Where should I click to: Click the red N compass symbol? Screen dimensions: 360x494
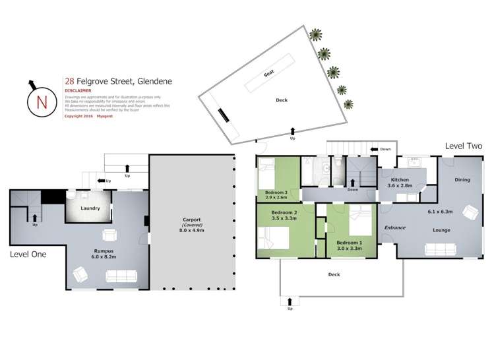coord(41,102)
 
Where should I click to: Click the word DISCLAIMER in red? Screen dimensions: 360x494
coord(78,90)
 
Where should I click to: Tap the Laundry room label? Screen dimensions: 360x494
coord(90,208)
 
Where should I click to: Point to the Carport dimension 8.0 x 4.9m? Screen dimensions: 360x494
coord(193,231)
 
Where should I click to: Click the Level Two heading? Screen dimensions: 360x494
coord(463,146)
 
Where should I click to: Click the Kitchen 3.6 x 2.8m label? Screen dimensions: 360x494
coord(399,183)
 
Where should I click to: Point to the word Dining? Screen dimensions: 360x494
coord(462,179)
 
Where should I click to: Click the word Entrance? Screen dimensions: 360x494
coord(394,227)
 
